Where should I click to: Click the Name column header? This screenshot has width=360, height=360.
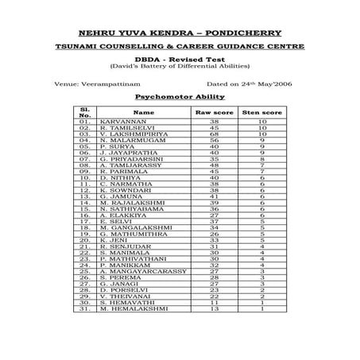tap(144, 113)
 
